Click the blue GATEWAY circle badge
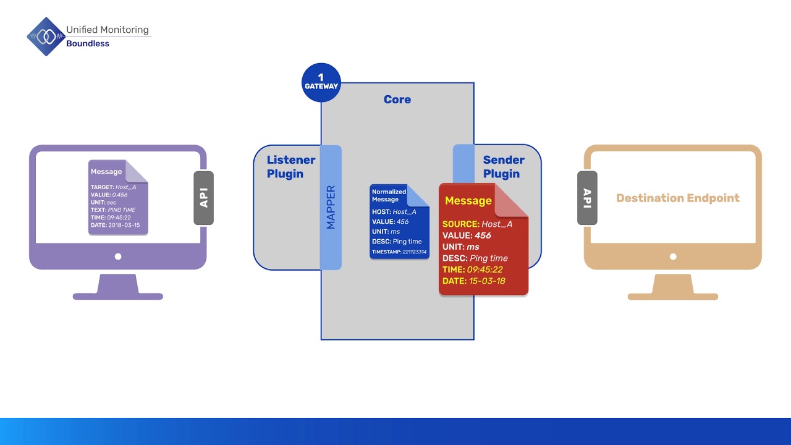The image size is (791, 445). [x=321, y=82]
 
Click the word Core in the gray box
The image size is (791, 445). [x=397, y=100]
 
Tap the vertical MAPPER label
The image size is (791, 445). [x=331, y=207]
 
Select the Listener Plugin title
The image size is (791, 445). [x=290, y=167]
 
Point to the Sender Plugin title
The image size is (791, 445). [x=503, y=167]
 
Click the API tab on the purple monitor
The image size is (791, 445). [x=203, y=198]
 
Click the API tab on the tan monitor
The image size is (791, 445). [x=587, y=198]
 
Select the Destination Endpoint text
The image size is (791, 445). [x=677, y=198]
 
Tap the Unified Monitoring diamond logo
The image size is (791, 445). [x=45, y=37]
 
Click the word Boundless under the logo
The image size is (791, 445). [x=88, y=44]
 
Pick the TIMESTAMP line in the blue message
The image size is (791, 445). [x=399, y=252]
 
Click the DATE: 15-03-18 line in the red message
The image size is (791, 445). [x=473, y=281]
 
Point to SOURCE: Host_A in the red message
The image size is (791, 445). [x=477, y=224]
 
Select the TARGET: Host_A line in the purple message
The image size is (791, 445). [x=113, y=187]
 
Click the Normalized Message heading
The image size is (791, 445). [x=389, y=195]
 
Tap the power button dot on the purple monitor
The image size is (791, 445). [x=118, y=256]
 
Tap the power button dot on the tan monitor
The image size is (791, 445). [x=673, y=256]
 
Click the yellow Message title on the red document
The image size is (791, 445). [x=468, y=201]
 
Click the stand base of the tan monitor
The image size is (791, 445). [x=673, y=296]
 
